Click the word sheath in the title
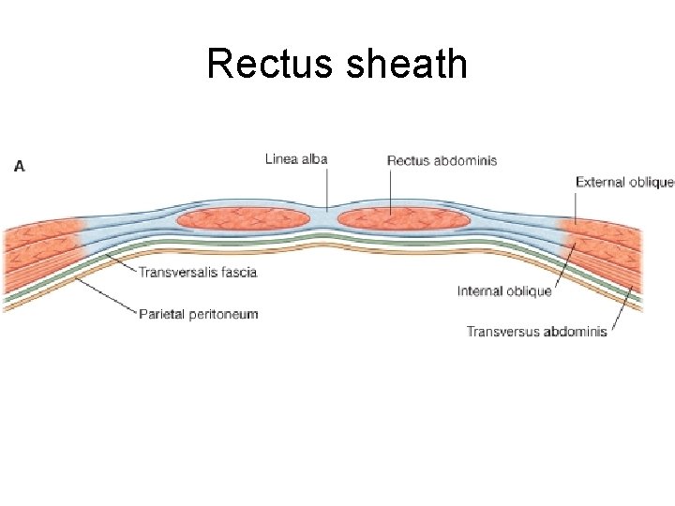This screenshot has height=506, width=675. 406,64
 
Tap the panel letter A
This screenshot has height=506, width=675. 20,166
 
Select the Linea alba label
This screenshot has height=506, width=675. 296,159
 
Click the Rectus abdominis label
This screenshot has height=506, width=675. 442,160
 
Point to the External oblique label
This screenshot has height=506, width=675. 624,182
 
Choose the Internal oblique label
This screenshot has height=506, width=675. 504,291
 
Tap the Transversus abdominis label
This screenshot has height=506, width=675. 536,331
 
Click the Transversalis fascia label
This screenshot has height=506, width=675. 198,272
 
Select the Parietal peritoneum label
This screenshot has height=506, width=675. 198,313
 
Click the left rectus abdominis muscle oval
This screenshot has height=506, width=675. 243,219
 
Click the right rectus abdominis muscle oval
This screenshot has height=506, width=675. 404,219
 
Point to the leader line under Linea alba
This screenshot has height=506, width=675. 326,186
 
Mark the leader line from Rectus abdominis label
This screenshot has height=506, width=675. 390,188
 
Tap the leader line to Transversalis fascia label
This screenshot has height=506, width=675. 121,262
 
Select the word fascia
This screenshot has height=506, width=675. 238,272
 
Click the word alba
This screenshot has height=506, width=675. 314,159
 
